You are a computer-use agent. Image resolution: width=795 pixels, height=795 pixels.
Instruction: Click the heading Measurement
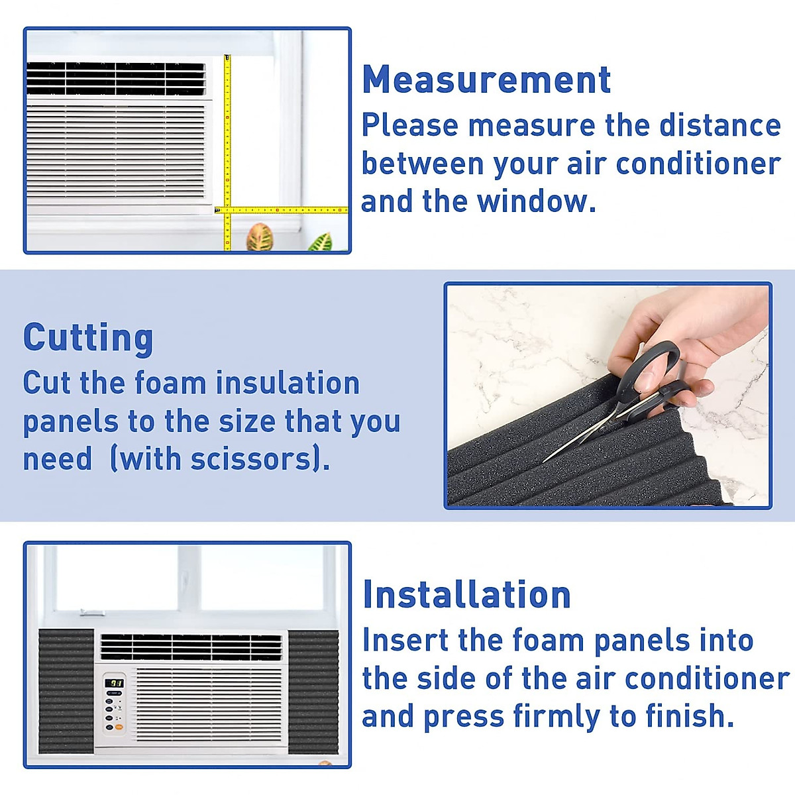pyautogui.click(x=486, y=80)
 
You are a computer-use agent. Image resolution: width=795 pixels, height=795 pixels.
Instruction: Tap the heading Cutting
pyautogui.click(x=88, y=338)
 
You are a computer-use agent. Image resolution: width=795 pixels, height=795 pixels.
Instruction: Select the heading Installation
pyautogui.click(x=466, y=594)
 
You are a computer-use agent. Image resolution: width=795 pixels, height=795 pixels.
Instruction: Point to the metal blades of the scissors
pyautogui.click(x=583, y=434)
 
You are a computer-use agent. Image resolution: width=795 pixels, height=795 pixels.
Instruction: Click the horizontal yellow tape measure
pyautogui.click(x=285, y=210)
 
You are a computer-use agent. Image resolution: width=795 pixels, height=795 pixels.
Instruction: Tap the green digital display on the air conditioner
pyautogui.click(x=115, y=682)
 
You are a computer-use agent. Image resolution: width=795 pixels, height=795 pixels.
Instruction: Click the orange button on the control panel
pyautogui.click(x=119, y=727)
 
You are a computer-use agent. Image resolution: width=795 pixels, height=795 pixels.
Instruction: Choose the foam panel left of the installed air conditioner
pyautogui.click(x=66, y=690)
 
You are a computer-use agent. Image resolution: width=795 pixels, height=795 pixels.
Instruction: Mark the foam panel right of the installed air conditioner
pyautogui.click(x=313, y=690)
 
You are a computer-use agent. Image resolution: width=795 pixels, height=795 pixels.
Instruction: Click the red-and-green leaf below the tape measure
pyautogui.click(x=260, y=237)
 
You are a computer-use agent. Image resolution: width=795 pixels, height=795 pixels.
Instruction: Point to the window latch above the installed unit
pyautogui.click(x=91, y=613)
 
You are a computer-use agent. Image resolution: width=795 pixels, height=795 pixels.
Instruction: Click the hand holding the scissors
pyautogui.click(x=702, y=338)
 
